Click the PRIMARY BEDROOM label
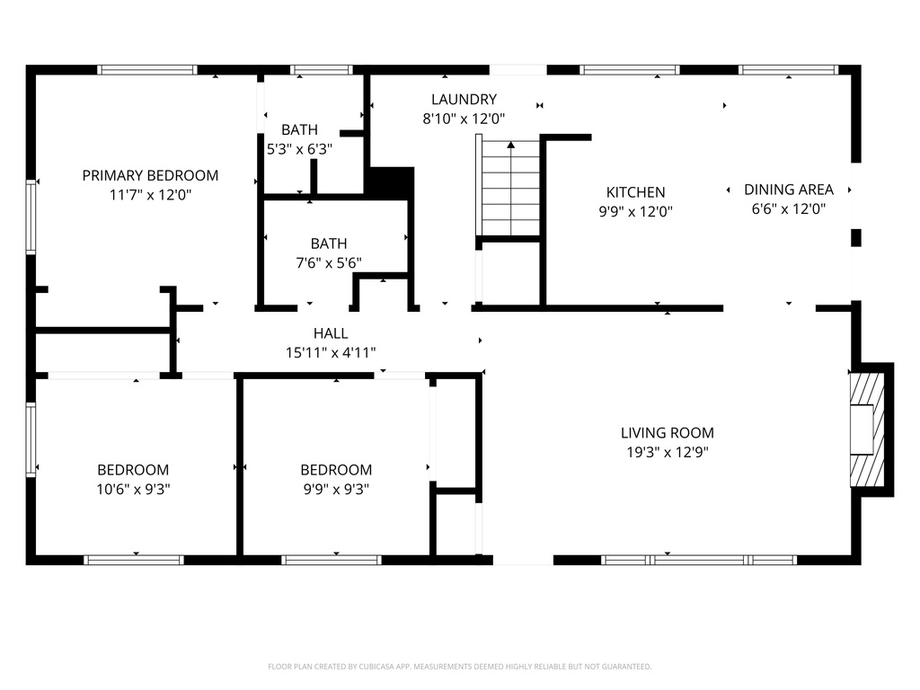(150, 175)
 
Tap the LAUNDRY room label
(464, 100)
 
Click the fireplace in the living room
(868, 429)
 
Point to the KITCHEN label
(635, 192)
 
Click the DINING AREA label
(788, 190)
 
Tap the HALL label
(331, 333)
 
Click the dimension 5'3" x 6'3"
(299, 150)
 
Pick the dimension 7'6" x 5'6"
(329, 263)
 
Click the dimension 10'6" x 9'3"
(133, 490)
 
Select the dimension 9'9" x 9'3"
(335, 490)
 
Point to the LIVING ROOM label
(667, 433)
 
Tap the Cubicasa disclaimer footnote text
(459, 667)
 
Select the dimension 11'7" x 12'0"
(150, 194)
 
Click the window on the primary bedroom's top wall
(147, 70)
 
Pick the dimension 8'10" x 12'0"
(464, 119)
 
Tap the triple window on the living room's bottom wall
(699, 560)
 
